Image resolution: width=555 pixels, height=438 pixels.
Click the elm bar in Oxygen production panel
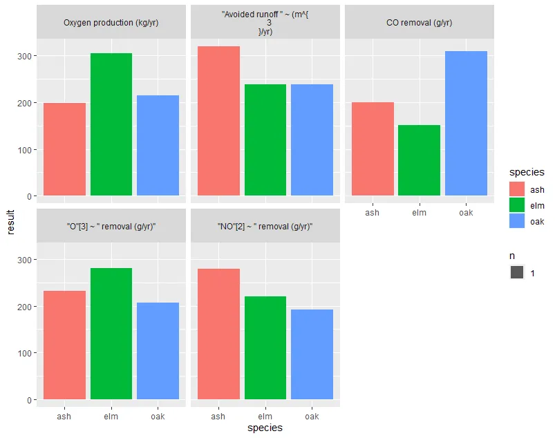[x=111, y=124]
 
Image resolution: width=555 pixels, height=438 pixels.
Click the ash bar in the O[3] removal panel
[x=65, y=345]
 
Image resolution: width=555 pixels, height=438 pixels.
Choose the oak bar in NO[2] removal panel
[x=312, y=354]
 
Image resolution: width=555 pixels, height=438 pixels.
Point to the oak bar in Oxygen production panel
[x=158, y=146]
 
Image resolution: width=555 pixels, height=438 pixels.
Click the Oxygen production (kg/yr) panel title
[x=111, y=23]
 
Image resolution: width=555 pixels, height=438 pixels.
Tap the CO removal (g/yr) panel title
[x=419, y=23]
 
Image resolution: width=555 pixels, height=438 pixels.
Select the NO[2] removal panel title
[x=265, y=227]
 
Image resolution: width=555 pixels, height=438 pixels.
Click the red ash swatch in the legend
[x=517, y=189]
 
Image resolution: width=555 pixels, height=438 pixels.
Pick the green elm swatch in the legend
[x=517, y=205]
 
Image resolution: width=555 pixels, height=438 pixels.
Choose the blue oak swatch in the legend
[x=517, y=221]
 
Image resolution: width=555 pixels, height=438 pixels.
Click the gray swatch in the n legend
[x=517, y=273]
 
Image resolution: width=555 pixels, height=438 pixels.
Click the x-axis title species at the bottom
[x=265, y=428]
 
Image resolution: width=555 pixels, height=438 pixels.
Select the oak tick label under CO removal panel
[x=466, y=213]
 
